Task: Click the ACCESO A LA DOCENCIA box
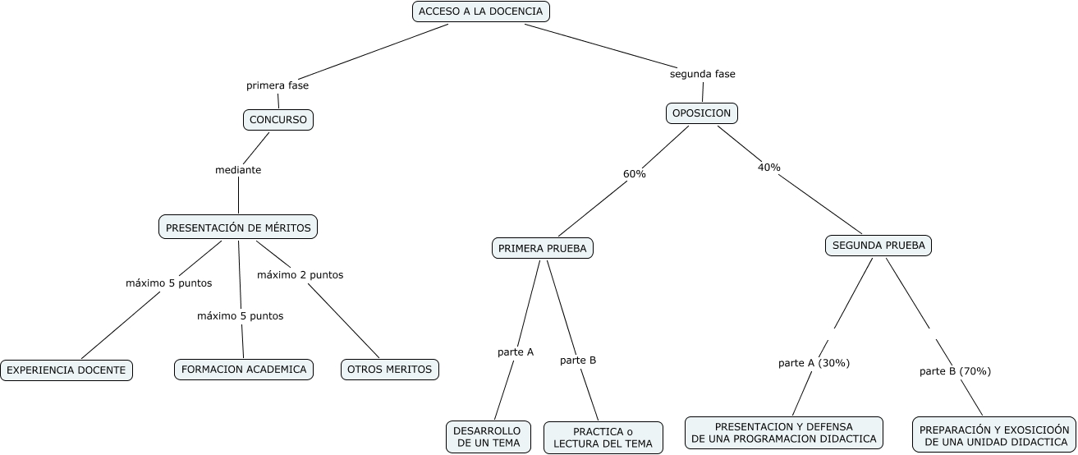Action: pos(481,11)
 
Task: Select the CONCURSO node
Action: pos(278,120)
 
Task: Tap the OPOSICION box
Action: pos(702,113)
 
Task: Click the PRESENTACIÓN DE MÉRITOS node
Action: pos(238,227)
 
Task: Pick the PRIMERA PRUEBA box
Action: pos(543,249)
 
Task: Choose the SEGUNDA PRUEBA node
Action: pos(878,246)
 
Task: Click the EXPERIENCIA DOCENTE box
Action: pos(67,370)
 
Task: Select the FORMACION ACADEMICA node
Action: pos(244,370)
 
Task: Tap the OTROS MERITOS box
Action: pos(390,370)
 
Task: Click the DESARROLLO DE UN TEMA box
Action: pos(489,437)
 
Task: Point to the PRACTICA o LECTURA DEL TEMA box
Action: pos(603,438)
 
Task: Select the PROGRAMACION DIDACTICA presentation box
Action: pos(784,433)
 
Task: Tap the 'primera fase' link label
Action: pos(278,85)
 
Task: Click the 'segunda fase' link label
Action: pos(703,74)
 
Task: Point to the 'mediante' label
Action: pos(238,170)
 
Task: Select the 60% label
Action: pos(635,174)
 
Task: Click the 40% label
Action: pos(769,167)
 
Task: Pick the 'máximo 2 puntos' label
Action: pos(300,275)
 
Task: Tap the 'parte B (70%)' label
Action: pos(956,371)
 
